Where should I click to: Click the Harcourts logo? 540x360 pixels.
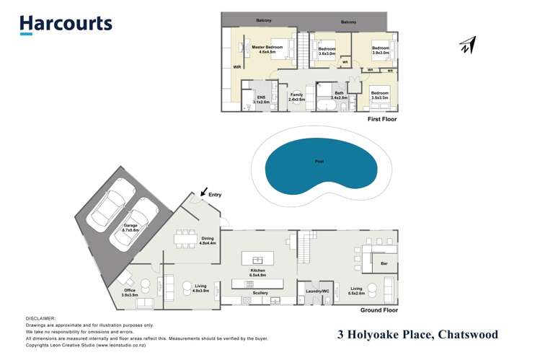(x=66, y=24)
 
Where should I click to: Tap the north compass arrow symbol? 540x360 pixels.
(x=467, y=45)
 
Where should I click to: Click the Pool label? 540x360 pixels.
(x=319, y=162)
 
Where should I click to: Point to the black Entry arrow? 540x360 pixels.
(x=205, y=193)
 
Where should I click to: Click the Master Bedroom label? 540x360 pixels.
(x=267, y=50)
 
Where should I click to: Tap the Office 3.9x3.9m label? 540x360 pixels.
(x=130, y=292)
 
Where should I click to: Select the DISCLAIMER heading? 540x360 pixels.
(x=40, y=317)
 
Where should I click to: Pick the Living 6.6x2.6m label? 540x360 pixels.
(x=355, y=291)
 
